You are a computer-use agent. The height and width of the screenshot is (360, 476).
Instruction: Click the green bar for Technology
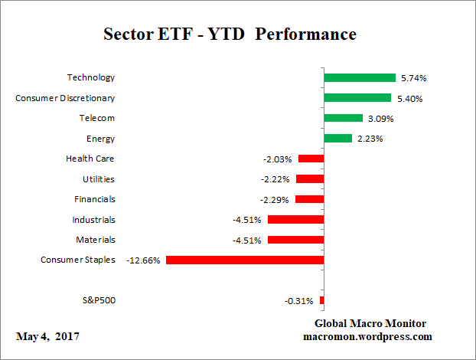359,77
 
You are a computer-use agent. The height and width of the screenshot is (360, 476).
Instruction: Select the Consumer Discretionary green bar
357,98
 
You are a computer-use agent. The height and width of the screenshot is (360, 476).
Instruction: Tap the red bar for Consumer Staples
245,260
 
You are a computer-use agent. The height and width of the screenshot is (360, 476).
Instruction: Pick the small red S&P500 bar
321,300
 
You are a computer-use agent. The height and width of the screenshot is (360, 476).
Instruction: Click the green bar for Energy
337,139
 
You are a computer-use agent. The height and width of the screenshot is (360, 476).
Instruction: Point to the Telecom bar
343,118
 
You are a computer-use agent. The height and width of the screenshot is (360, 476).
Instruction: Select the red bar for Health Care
311,159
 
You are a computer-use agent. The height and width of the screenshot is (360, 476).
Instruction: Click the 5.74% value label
413,78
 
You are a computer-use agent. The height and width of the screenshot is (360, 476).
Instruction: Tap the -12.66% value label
144,260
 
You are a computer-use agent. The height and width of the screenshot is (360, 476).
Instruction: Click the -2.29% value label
276,200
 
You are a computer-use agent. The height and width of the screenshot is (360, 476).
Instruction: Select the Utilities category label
99,179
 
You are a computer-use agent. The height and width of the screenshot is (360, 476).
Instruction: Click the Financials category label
96,199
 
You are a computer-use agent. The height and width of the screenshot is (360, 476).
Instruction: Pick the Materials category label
96,240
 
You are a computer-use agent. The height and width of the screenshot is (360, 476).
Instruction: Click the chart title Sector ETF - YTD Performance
230,34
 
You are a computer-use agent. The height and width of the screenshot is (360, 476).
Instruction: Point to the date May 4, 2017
47,337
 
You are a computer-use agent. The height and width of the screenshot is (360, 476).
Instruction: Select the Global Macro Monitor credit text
370,323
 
